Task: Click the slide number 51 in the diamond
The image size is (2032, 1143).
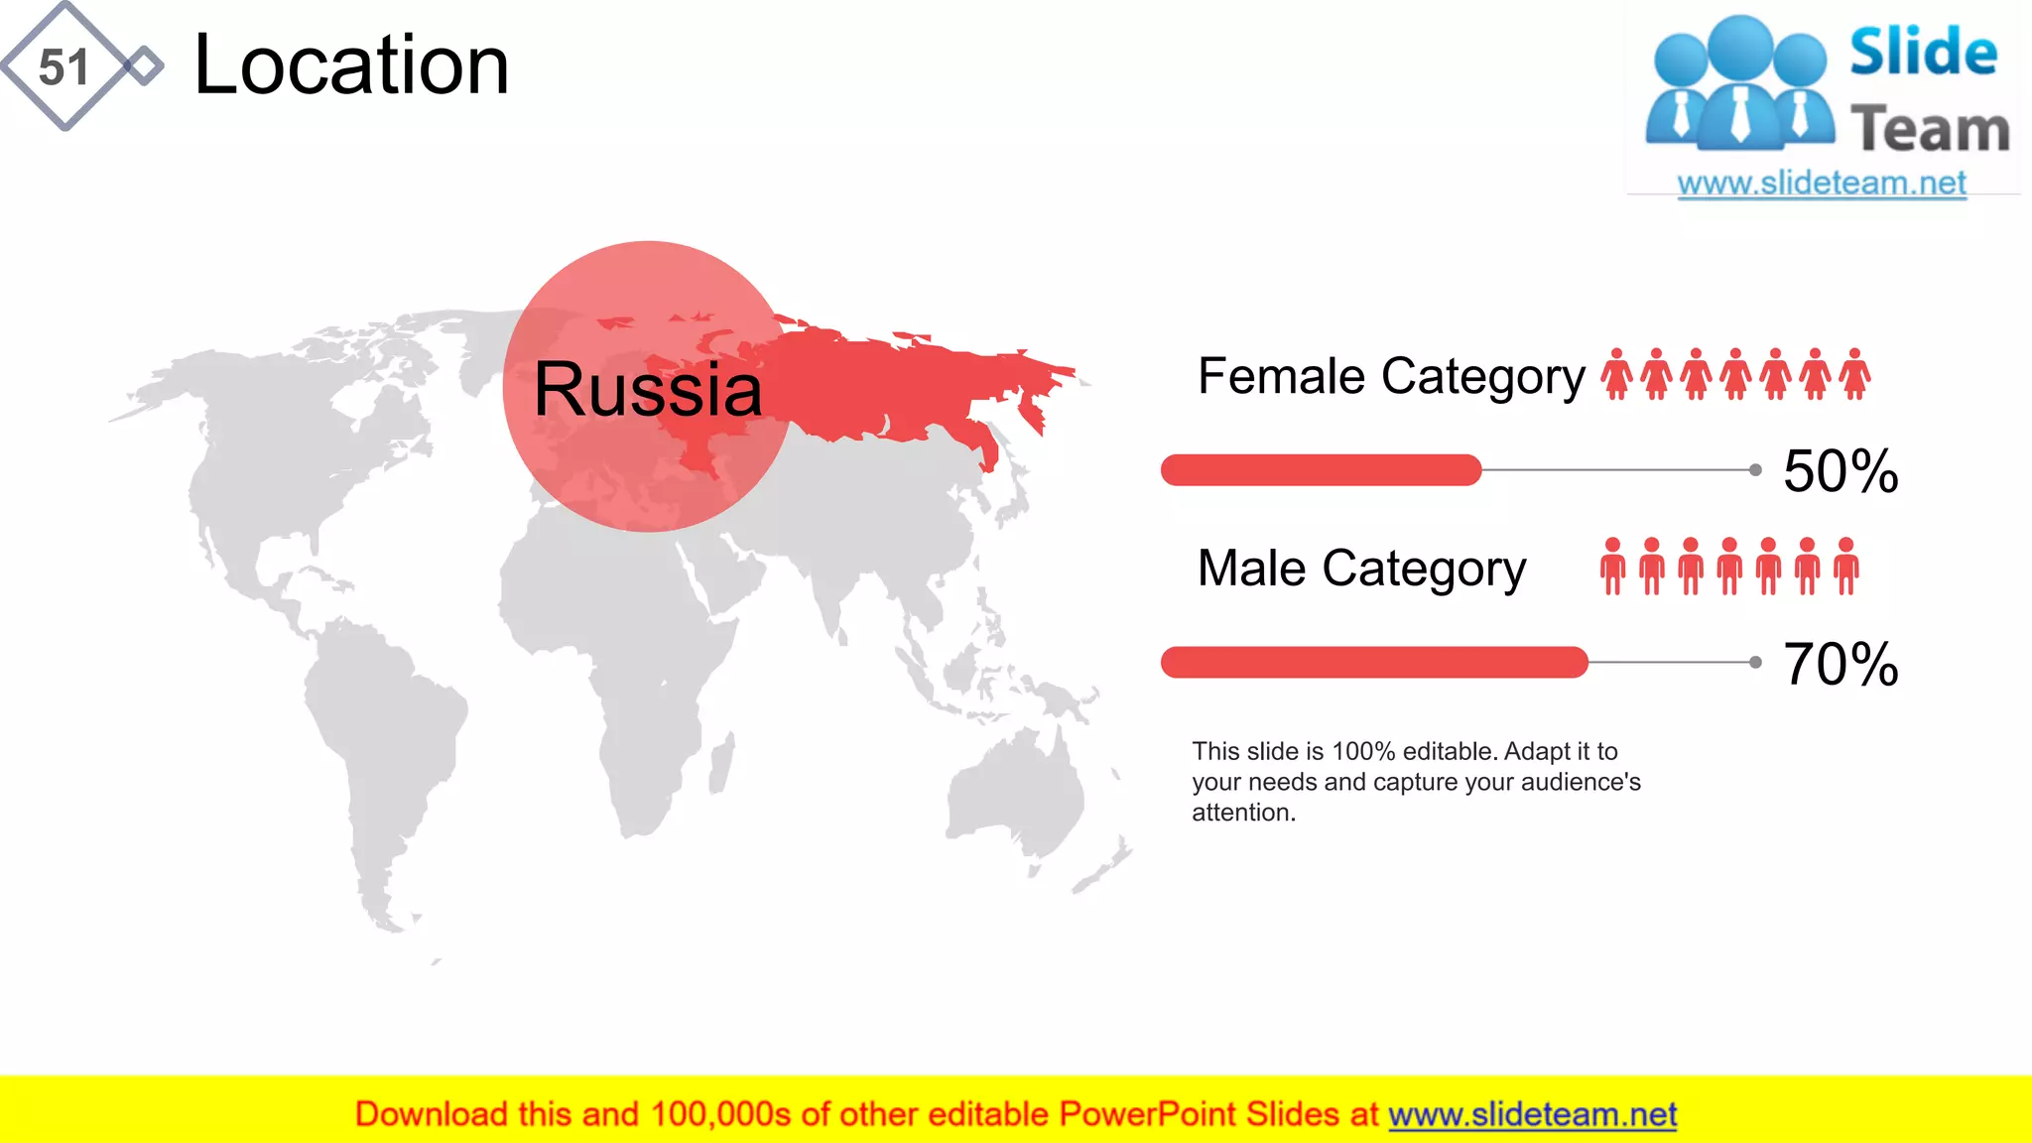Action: [63, 67]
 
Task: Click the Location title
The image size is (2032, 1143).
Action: [351, 65]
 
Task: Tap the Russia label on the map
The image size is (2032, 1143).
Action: [647, 388]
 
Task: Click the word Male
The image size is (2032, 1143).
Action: [1251, 568]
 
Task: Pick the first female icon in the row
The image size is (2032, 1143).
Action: [1616, 374]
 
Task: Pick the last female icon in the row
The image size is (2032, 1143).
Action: [1854, 374]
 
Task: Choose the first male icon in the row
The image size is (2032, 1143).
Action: [1612, 567]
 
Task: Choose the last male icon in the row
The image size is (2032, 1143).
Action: [1845, 567]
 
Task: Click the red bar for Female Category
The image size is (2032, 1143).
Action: [1320, 469]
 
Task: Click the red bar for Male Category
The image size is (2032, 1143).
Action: [1373, 662]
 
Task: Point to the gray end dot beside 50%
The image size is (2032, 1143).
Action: [1755, 469]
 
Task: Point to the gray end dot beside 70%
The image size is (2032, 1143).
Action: [1755, 662]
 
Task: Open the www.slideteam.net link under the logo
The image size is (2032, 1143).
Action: [1821, 184]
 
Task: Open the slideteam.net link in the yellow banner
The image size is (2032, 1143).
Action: [1532, 1114]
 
